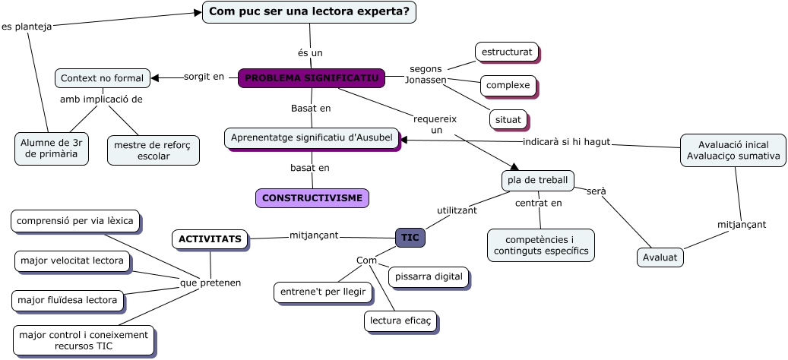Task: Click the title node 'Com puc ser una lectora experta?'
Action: pos(309,11)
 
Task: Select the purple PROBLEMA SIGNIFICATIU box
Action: pos(312,78)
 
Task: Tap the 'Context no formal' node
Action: pos(102,78)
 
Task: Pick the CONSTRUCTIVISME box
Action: pos(312,198)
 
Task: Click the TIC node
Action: pos(410,238)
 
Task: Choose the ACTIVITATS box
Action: pos(210,239)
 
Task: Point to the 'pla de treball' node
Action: pos(537,180)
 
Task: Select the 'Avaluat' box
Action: pos(660,257)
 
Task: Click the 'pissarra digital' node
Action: pos(429,276)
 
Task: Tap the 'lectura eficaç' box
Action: pos(400,321)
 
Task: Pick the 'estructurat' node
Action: pos(506,52)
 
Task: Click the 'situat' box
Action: pos(508,119)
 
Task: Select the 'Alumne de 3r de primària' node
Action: pos(51,148)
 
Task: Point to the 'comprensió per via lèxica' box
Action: pos(75,221)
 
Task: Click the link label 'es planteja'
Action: pos(27,27)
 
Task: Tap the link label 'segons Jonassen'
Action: pos(426,74)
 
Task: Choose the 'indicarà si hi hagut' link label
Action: pos(566,142)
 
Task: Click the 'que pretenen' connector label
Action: pos(210,283)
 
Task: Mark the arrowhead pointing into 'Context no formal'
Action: pos(155,77)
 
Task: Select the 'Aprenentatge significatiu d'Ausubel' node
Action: pos(312,137)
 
